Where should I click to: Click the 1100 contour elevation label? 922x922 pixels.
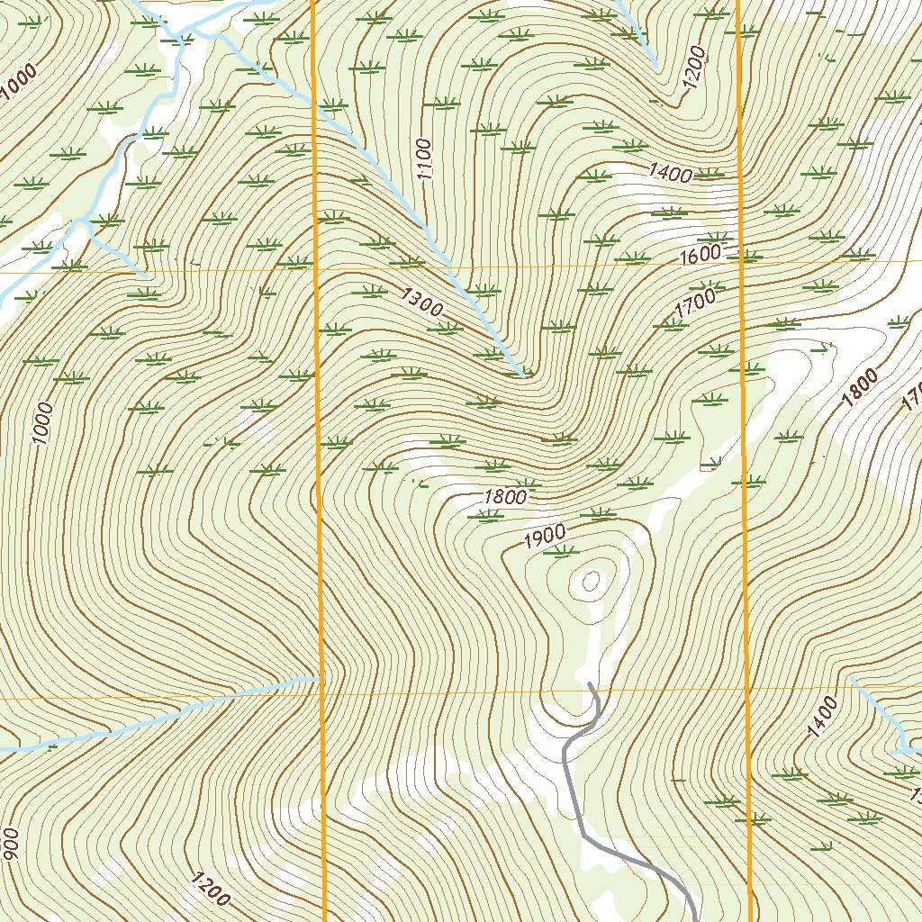click(x=424, y=159)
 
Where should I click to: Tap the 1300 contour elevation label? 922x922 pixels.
click(x=422, y=302)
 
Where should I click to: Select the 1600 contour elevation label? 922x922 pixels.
click(x=700, y=255)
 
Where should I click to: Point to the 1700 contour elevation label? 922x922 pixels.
click(x=694, y=303)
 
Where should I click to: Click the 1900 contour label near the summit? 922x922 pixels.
click(x=544, y=537)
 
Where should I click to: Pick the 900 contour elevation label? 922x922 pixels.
click(x=11, y=844)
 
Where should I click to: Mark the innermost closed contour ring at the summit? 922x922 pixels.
click(x=591, y=582)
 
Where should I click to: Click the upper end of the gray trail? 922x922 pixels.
click(x=589, y=684)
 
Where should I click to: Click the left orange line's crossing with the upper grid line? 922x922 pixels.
click(x=316, y=268)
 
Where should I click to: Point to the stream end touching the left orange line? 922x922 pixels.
click(x=318, y=677)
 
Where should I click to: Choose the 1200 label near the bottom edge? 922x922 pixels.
click(x=210, y=889)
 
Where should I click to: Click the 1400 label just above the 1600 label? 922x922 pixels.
click(x=669, y=174)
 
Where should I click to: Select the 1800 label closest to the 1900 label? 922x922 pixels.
click(x=504, y=496)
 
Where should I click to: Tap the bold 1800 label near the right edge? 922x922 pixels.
click(x=860, y=389)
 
